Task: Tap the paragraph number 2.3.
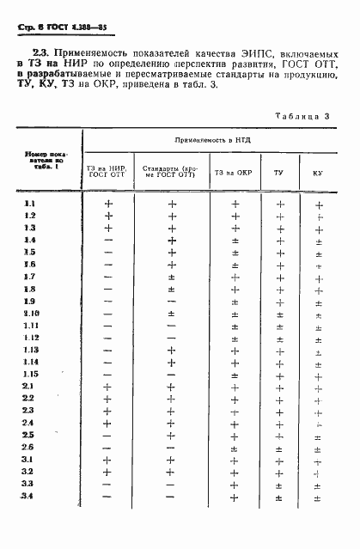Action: tap(27, 56)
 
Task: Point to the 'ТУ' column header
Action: tap(278, 173)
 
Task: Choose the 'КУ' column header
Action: tap(317, 173)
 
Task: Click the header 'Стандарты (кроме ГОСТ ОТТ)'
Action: tap(170, 173)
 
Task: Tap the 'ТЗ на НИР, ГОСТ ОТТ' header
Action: tap(107, 173)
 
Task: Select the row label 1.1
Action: tap(29, 204)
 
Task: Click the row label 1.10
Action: tap(31, 314)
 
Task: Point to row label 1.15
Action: tap(31, 375)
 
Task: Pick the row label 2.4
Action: tap(28, 423)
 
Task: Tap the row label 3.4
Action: tap(28, 497)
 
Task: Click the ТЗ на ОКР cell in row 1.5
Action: tap(235, 253)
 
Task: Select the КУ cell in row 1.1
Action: tap(318, 204)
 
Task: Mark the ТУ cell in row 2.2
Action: tap(278, 399)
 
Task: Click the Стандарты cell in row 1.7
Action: tap(171, 277)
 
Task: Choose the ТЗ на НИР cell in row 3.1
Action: tap(108, 460)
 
